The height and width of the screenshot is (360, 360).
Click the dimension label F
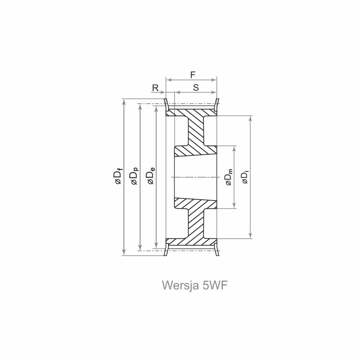tap(193, 75)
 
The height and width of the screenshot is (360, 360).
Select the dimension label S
tap(196, 87)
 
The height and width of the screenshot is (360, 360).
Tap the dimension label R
tap(155, 87)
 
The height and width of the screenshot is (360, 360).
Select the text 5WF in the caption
tap(215, 285)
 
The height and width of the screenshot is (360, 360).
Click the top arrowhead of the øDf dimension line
tap(124, 101)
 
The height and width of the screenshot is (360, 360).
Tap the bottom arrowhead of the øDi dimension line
tap(251, 236)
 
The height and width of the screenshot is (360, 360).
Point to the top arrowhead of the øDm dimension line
tap(234, 148)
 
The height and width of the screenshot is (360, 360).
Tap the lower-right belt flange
tap(217, 250)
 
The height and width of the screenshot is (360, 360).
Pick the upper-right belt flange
tap(217, 104)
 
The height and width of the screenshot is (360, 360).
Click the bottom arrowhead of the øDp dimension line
tap(140, 248)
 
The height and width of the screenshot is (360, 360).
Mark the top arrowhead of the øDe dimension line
tap(156, 109)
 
